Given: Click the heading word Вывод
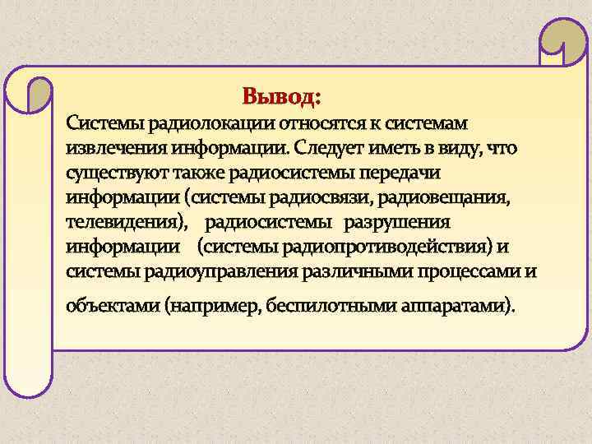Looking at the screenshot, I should pyautogui.click(x=279, y=97).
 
